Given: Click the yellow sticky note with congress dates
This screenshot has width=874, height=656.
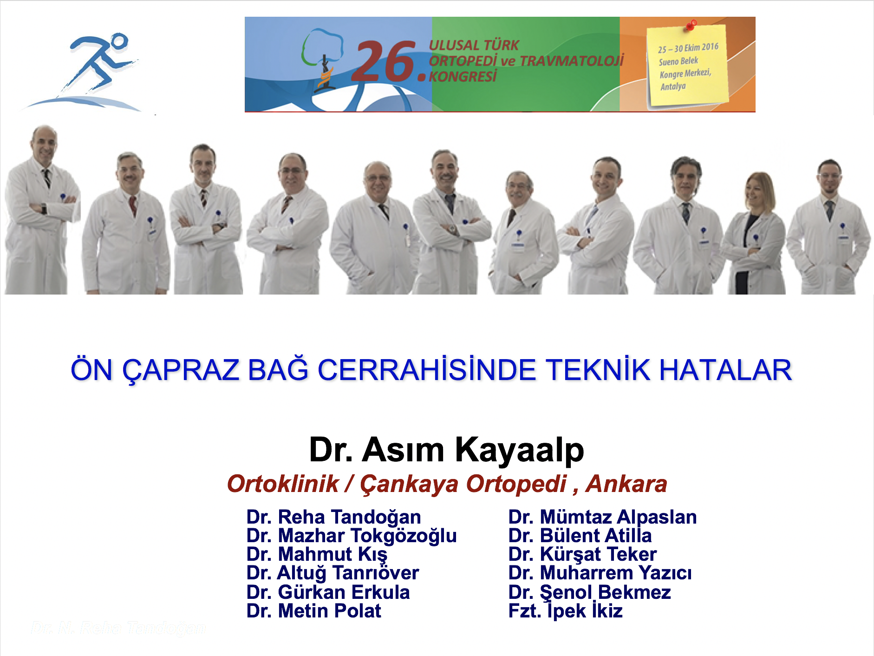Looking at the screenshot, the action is click(x=687, y=65).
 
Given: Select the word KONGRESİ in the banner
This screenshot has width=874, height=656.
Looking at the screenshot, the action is click(x=463, y=76).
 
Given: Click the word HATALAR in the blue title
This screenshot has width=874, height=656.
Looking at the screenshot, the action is click(x=725, y=370).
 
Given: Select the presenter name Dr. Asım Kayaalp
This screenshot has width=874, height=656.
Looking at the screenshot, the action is click(x=446, y=450).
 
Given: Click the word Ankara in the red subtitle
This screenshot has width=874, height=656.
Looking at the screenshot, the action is click(x=626, y=484).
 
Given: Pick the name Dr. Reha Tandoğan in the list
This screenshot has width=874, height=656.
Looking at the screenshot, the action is click(x=333, y=517).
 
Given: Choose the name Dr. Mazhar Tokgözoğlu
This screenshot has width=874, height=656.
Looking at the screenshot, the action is click(x=352, y=536).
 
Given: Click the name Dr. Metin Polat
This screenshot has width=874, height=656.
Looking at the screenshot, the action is click(x=313, y=611).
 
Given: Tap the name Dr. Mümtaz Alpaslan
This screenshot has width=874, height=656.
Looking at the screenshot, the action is click(x=602, y=517).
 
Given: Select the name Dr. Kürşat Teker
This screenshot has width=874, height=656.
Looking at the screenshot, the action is click(x=582, y=554).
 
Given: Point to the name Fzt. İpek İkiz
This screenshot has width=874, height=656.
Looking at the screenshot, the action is click(x=565, y=611).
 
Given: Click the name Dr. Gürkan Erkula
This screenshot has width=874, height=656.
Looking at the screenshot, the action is click(x=328, y=592).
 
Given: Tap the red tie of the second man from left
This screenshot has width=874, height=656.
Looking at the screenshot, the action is click(x=133, y=205).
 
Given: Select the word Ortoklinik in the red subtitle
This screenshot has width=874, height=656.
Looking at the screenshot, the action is click(x=283, y=484).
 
